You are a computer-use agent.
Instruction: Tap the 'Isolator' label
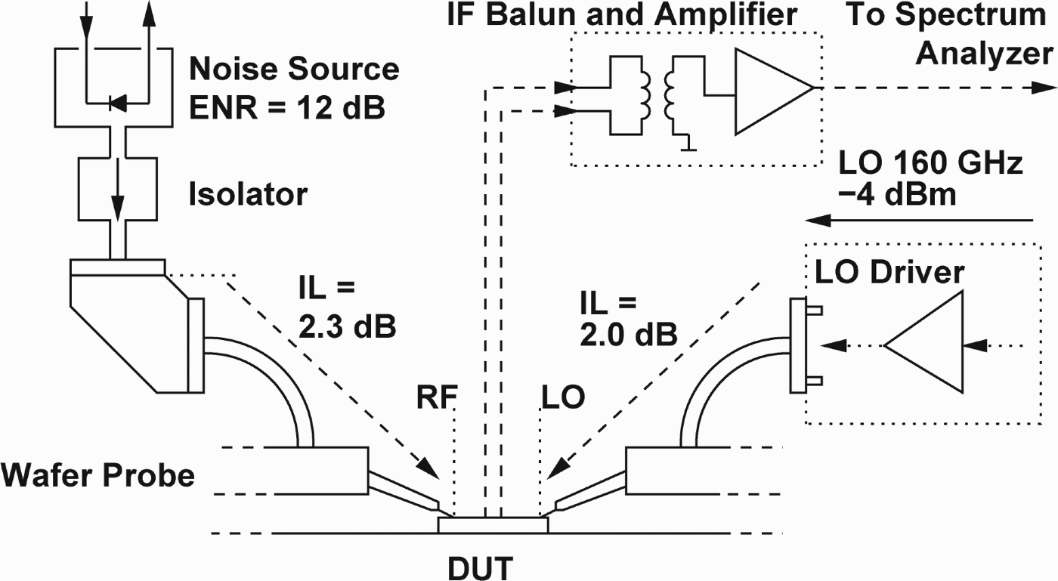point(247,195)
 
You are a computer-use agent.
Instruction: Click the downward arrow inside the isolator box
point(118,198)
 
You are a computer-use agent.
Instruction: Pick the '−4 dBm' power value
point(896,195)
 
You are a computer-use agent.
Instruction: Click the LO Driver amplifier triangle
point(922,345)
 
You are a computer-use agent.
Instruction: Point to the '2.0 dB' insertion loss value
point(628,333)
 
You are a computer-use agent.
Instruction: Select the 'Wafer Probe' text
point(98,475)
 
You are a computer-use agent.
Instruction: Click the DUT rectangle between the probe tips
point(493,524)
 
